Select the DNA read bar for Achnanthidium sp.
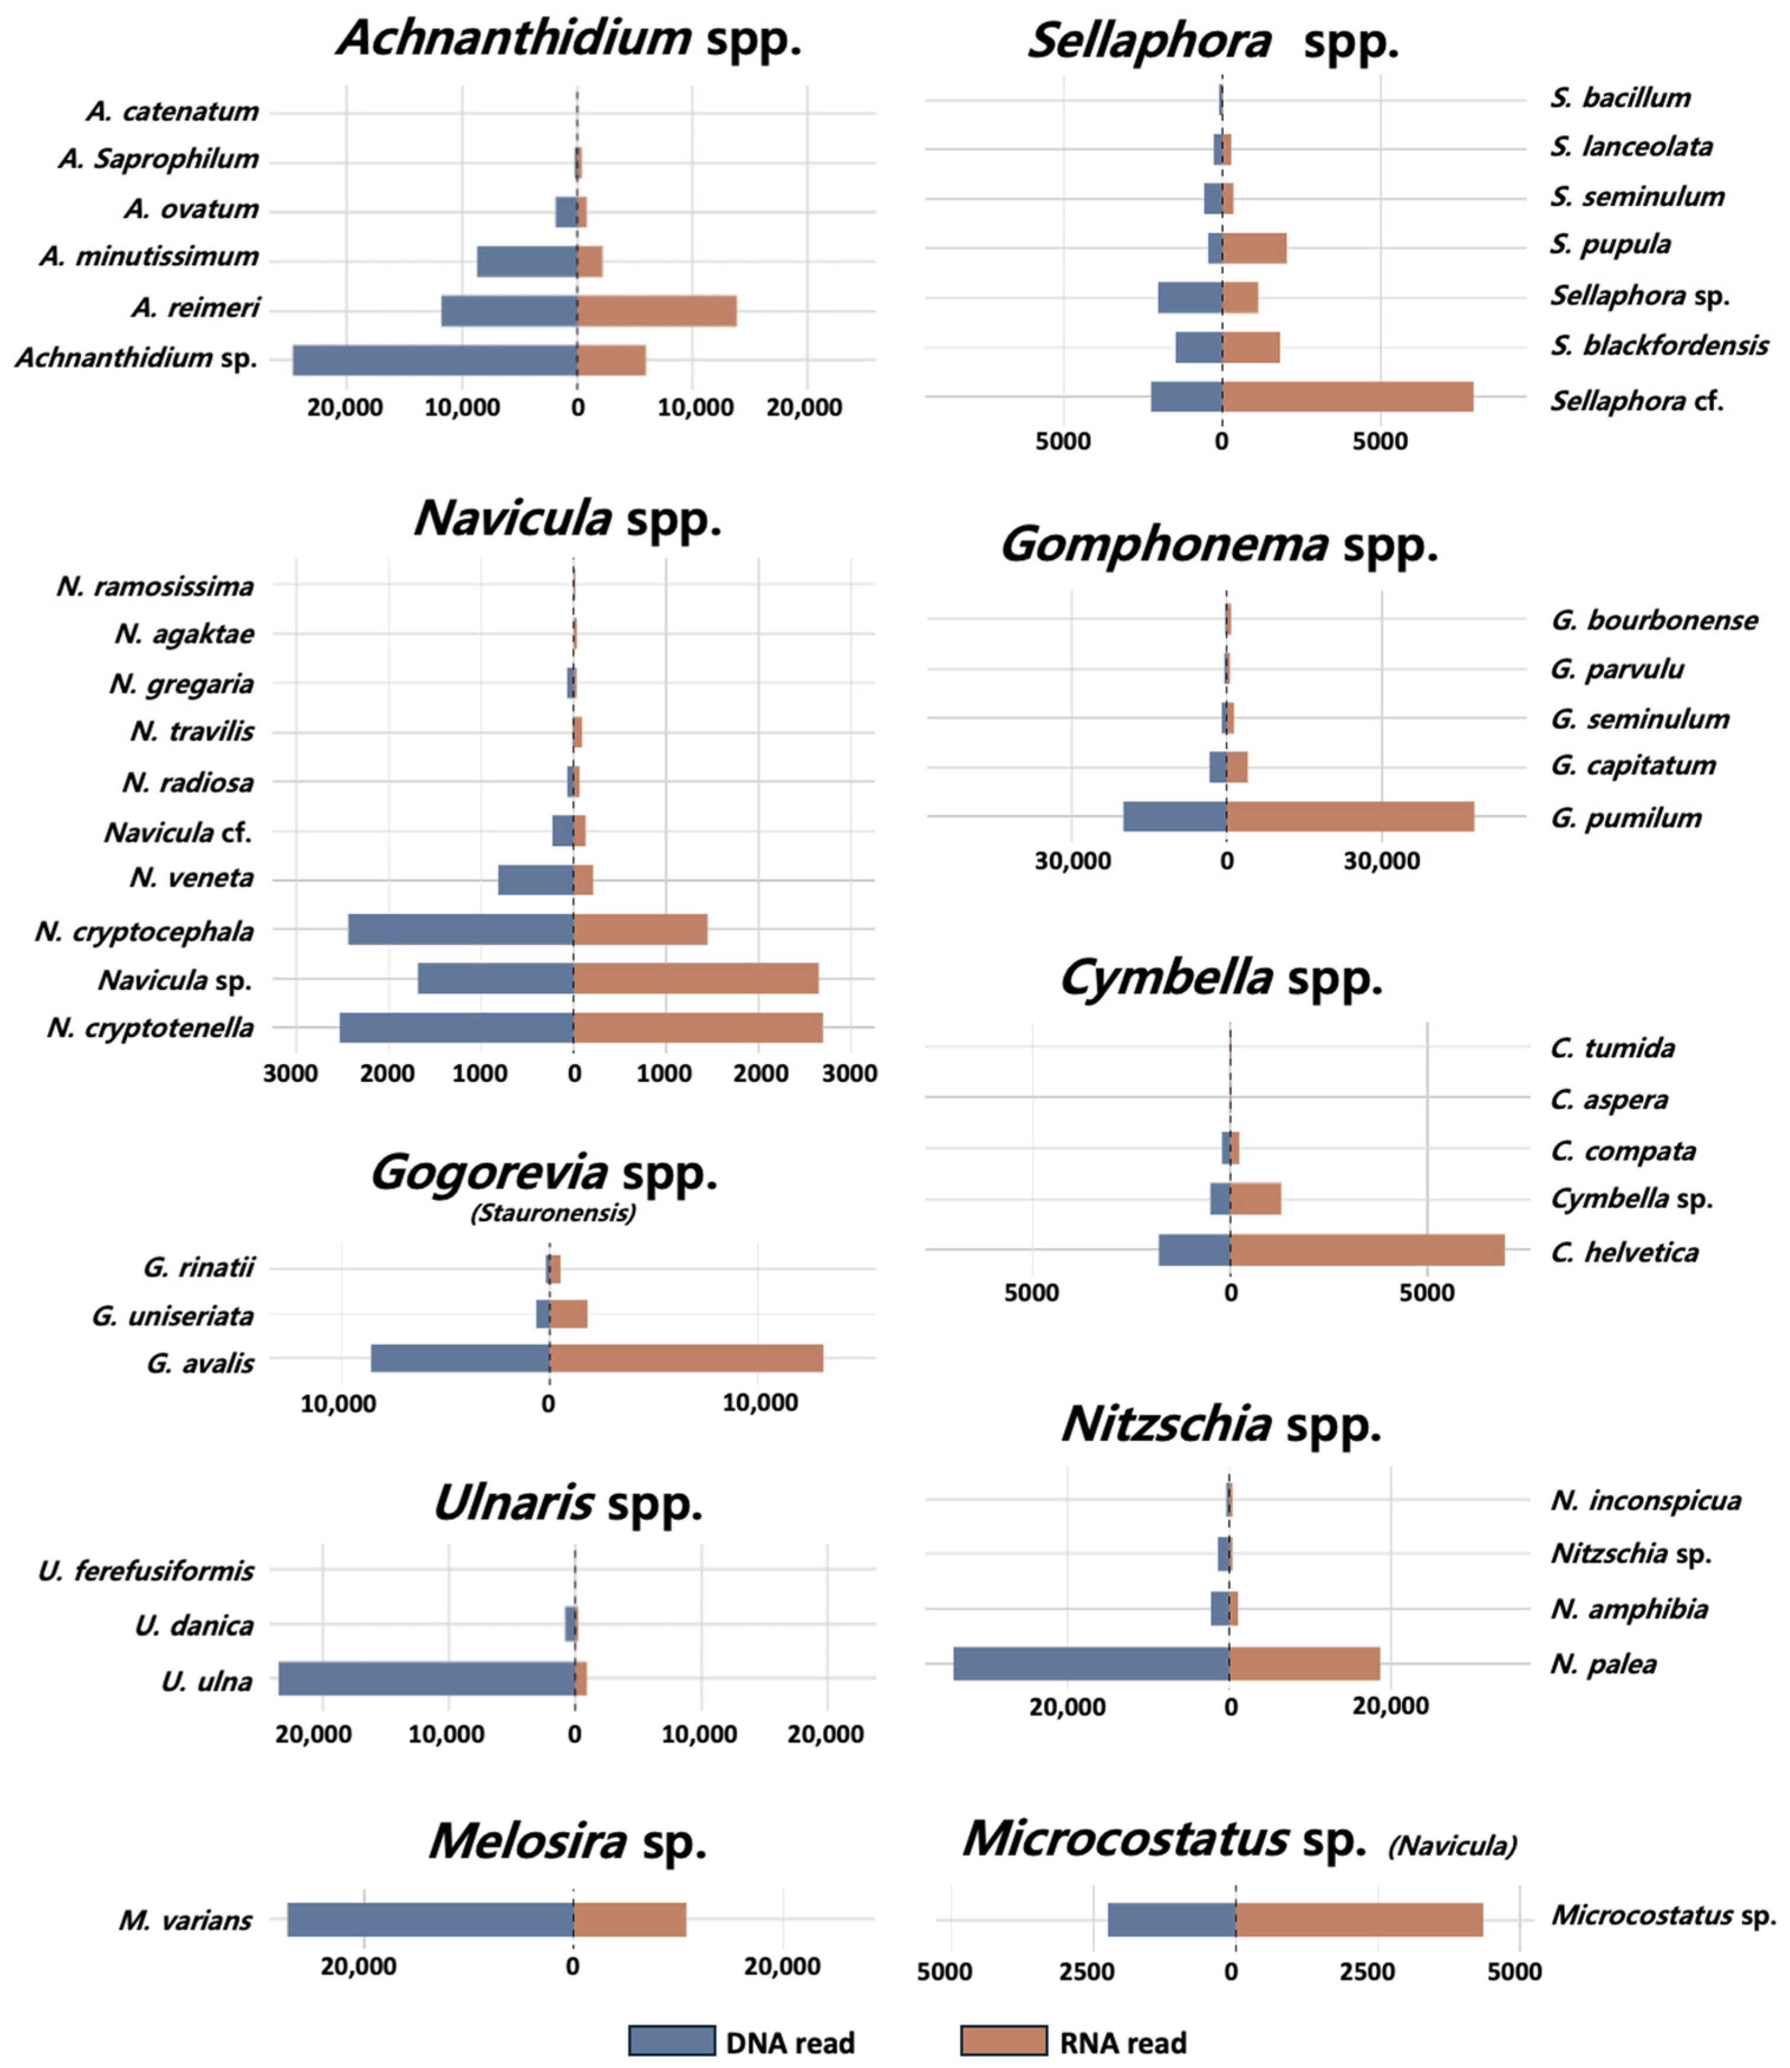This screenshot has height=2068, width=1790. (435, 360)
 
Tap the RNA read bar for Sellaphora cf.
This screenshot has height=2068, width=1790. (1348, 396)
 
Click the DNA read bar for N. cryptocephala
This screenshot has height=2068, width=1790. (461, 929)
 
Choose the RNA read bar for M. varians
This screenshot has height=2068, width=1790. (630, 1919)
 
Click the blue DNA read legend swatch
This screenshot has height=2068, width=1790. (672, 2040)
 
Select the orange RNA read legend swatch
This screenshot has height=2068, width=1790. (1004, 2040)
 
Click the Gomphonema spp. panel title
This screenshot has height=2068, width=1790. (1219, 545)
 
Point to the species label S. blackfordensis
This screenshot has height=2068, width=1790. (1659, 345)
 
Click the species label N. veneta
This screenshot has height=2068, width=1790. (192, 878)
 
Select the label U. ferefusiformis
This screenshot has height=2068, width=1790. (146, 1572)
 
